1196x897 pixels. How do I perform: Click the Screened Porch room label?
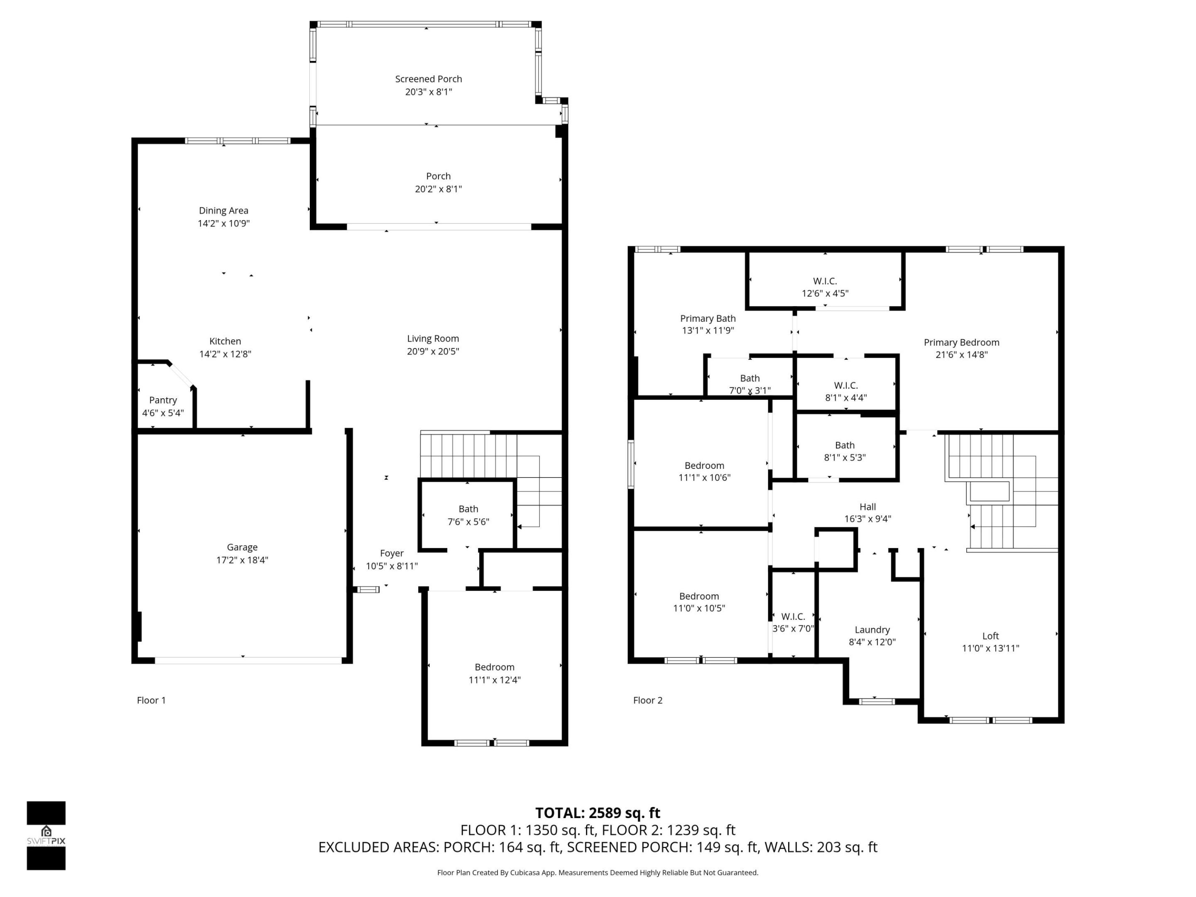[x=428, y=79]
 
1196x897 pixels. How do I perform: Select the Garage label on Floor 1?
[x=242, y=547]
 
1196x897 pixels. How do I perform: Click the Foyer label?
[x=392, y=553]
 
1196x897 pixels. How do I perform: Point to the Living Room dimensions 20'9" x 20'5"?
[x=433, y=351]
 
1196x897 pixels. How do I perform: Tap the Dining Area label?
[x=223, y=210]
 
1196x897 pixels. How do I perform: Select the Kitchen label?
[x=225, y=341]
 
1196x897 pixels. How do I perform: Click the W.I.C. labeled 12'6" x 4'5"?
[x=825, y=287]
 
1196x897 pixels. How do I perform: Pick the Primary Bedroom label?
[x=961, y=342]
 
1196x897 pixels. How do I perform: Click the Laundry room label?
[x=872, y=630]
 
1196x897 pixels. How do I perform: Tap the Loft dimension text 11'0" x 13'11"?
[x=990, y=648]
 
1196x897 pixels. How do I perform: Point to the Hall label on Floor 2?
[x=867, y=507]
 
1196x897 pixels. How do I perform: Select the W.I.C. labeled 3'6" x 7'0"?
[x=793, y=623]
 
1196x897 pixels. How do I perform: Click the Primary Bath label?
[x=707, y=319]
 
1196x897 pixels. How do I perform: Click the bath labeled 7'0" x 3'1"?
[x=750, y=384]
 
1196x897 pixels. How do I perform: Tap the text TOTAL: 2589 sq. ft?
[x=598, y=813]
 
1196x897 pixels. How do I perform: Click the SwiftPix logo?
[x=46, y=836]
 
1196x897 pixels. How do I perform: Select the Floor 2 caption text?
[x=647, y=700]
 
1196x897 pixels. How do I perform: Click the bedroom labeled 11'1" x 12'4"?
[x=494, y=673]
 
